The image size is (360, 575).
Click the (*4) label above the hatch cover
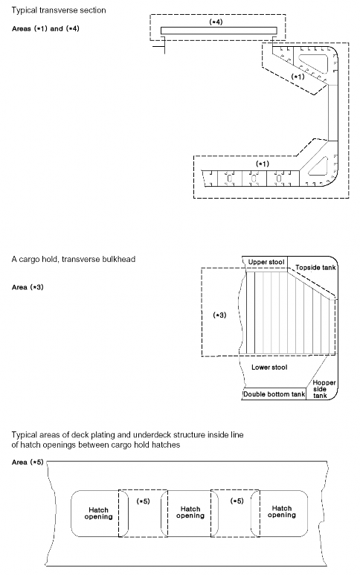216,22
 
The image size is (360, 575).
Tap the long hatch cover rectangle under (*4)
219,30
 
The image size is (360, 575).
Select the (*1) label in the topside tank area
298,77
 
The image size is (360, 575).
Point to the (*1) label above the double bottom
263,164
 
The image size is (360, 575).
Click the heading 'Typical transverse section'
59,10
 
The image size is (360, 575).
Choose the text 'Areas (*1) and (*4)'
45,28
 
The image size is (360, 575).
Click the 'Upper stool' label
266,262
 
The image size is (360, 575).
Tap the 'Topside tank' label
315,268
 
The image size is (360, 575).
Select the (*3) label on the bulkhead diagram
219,315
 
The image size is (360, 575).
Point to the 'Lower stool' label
269,367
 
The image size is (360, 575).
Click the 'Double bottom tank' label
274,394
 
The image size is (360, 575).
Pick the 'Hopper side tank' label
324,389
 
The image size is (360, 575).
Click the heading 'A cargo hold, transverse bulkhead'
74,260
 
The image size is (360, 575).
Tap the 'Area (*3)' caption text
28,287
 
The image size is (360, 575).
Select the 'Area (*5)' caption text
28,462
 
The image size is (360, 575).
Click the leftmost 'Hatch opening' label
98,513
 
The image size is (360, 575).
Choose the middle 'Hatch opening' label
190,513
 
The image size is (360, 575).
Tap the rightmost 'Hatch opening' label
282,512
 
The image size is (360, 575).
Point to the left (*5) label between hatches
143,501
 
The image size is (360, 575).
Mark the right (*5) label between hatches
237,501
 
